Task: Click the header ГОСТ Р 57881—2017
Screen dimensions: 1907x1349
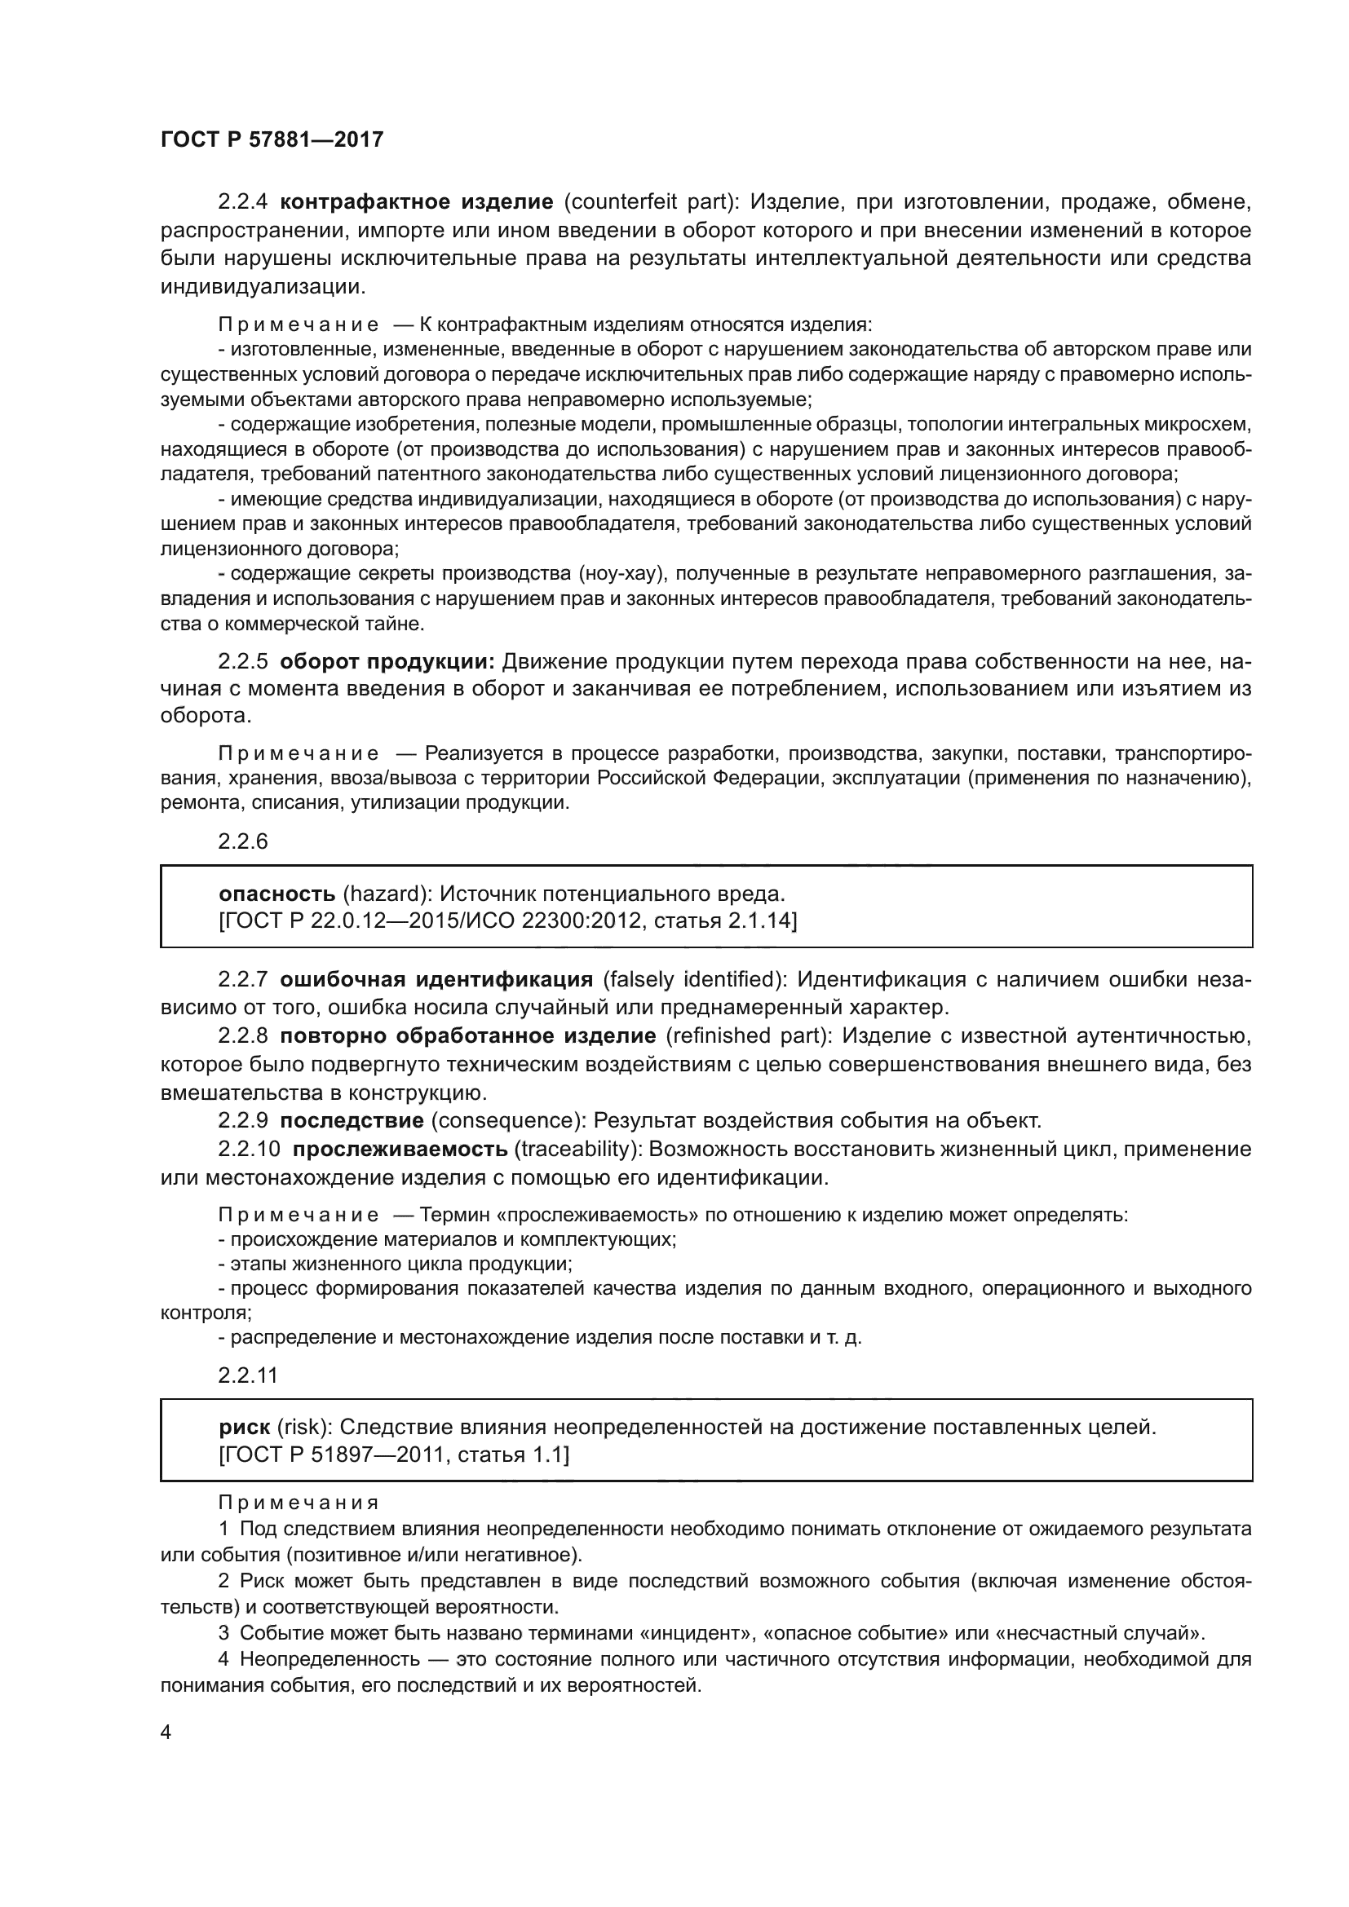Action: point(272,139)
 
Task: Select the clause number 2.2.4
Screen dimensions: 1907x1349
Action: point(242,202)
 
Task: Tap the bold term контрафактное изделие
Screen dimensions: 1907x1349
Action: point(417,202)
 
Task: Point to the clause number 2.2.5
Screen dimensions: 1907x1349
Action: point(242,661)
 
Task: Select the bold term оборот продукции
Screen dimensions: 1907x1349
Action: point(387,661)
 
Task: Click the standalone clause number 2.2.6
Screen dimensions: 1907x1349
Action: point(242,841)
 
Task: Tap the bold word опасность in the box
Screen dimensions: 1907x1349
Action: point(276,894)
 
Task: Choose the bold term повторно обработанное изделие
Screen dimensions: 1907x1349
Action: point(467,1035)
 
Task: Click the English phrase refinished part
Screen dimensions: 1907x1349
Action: point(749,1035)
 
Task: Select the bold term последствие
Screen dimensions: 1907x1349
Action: point(352,1120)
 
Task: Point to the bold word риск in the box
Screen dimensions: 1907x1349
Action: point(244,1427)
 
